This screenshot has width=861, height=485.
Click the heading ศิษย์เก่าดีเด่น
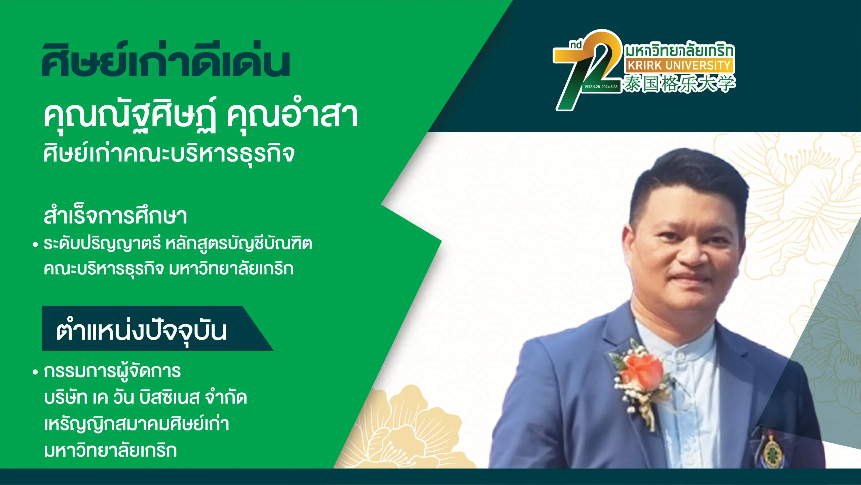[x=165, y=60]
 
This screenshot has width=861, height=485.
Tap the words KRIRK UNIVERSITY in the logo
[x=679, y=65]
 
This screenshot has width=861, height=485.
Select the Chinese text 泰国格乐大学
[x=679, y=83]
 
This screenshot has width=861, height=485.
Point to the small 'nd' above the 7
[x=576, y=45]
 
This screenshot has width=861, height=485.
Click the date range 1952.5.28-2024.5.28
[x=601, y=87]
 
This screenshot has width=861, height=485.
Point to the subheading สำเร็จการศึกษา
[x=115, y=216]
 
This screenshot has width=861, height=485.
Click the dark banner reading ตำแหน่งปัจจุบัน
[x=157, y=328]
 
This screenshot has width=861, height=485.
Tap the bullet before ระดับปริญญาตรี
[x=35, y=245]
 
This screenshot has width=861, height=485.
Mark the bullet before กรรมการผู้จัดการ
[x=35, y=372]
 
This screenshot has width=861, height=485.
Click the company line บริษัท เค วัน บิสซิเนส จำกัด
[x=145, y=397]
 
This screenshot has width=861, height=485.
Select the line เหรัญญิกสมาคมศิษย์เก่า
[x=136, y=424]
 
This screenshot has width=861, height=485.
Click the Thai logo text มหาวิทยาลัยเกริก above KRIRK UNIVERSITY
[x=680, y=50]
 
